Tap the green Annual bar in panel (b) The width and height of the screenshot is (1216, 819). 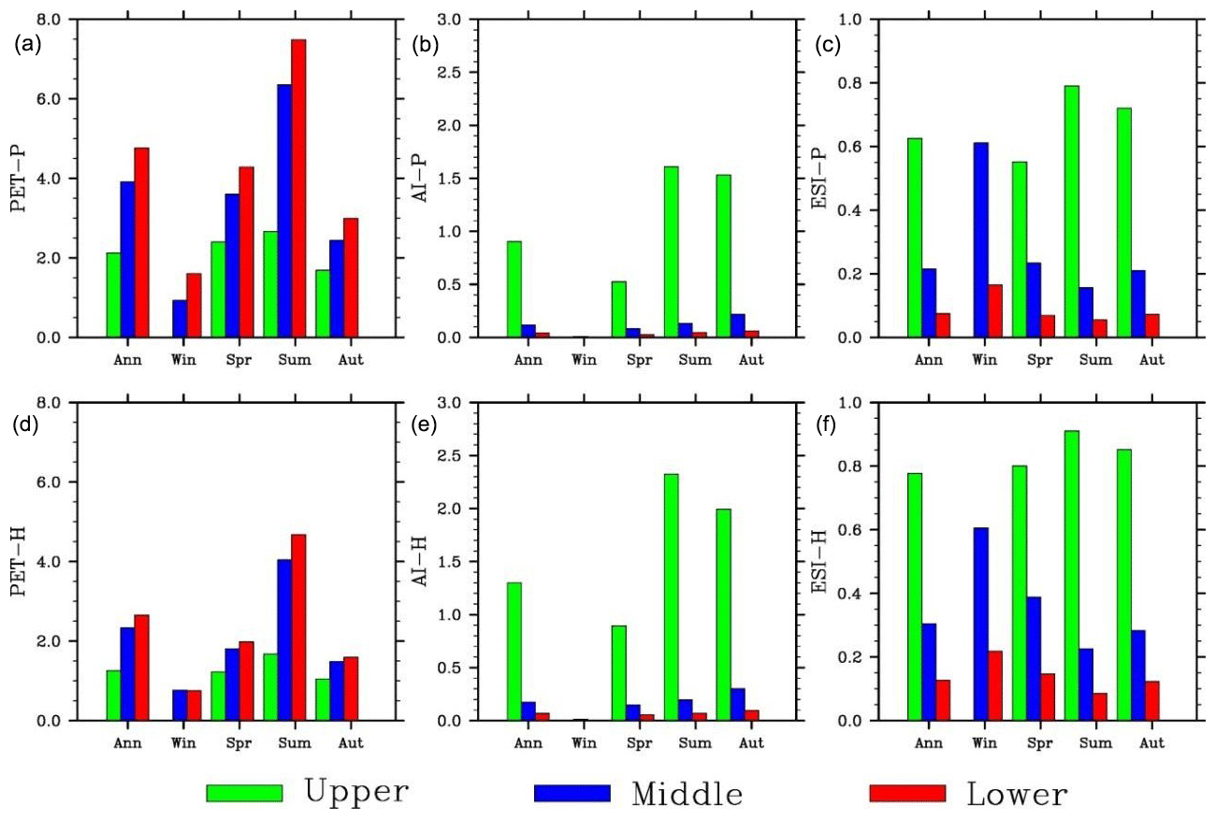(x=514, y=289)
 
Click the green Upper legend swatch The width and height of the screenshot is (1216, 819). (x=244, y=793)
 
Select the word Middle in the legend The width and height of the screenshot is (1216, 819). (x=688, y=794)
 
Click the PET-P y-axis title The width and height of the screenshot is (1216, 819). (x=20, y=180)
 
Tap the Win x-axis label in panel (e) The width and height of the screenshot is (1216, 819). (x=582, y=743)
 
